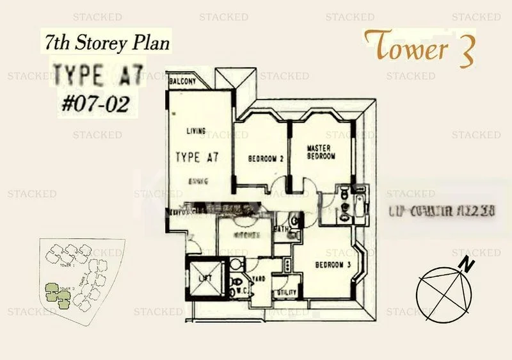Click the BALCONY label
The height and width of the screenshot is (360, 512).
click(x=182, y=82)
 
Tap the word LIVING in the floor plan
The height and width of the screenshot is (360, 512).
click(x=195, y=131)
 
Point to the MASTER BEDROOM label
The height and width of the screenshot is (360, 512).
click(x=320, y=151)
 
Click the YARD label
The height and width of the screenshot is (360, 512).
click(x=260, y=279)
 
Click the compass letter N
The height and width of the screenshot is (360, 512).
click(x=469, y=263)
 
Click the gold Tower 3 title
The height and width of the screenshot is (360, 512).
click(x=420, y=47)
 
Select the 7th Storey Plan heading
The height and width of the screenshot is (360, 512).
click(x=108, y=44)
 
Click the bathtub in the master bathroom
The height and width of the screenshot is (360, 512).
click(x=358, y=205)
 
